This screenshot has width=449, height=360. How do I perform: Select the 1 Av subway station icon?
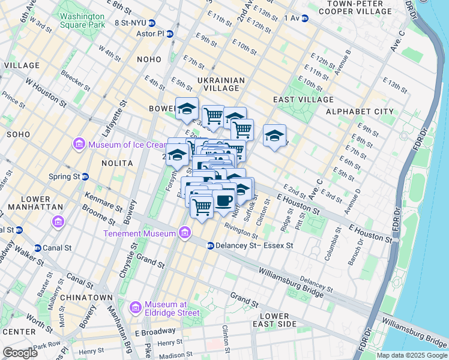tap(304, 19)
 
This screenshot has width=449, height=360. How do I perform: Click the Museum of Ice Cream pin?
tap(79, 144)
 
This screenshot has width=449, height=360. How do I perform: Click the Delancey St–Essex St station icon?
tap(211, 245)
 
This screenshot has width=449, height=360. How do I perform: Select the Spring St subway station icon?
tap(85, 177)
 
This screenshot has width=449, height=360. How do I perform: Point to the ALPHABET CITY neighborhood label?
tap(360, 112)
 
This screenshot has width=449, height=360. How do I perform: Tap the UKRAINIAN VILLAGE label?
tap(221, 84)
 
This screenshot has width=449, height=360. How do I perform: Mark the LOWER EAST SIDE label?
tap(278, 320)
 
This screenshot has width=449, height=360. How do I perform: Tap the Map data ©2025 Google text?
tap(412, 355)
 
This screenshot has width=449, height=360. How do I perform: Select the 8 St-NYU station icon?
tap(152, 23)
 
